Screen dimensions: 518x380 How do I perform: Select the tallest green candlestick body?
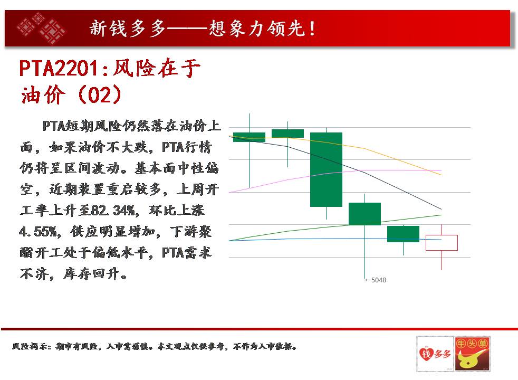click(x=326, y=169)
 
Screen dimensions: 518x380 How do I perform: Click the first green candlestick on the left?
click(x=249, y=137)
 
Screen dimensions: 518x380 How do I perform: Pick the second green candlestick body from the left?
click(x=287, y=134)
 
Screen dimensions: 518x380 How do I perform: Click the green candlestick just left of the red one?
click(x=403, y=234)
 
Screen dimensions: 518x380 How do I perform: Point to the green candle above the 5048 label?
click(x=364, y=214)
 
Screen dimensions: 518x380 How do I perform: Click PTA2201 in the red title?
click(x=59, y=69)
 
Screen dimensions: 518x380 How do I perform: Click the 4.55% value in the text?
click(x=37, y=232)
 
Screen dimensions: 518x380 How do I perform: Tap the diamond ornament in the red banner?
click(x=41, y=28)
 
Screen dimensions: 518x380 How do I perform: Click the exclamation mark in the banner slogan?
click(x=312, y=28)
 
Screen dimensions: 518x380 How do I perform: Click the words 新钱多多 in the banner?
click(x=127, y=28)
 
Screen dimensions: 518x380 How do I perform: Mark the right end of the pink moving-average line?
click(x=442, y=170)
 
